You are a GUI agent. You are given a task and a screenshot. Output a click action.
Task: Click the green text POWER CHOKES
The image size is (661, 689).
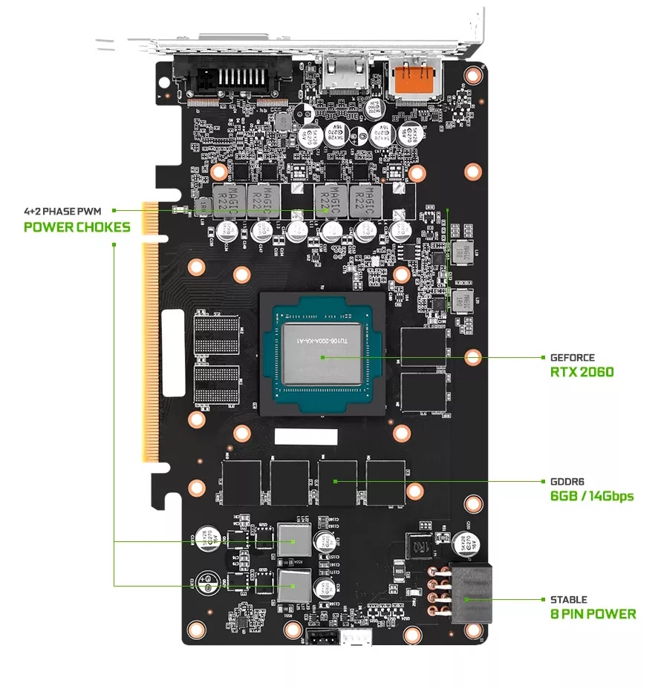click(76, 227)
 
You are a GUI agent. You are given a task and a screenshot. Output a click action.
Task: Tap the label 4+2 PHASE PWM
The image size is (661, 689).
click(66, 212)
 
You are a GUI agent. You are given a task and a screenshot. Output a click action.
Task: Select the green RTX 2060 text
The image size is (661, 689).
click(582, 371)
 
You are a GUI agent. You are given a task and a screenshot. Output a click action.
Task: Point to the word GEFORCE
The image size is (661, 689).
click(572, 357)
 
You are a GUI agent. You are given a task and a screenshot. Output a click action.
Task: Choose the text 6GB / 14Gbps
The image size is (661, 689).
click(592, 495)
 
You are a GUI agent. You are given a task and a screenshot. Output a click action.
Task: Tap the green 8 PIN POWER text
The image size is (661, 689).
click(593, 614)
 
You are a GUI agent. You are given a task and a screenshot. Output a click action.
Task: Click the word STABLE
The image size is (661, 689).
click(568, 599)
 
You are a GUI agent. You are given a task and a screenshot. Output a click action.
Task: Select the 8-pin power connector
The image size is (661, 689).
click(466, 594)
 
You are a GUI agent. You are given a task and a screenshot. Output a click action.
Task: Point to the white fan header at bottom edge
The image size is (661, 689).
click(356, 638)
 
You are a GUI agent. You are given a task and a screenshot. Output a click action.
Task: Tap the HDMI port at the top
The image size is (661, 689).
click(343, 74)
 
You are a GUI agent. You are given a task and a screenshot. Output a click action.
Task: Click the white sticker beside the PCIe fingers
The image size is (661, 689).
click(172, 350)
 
